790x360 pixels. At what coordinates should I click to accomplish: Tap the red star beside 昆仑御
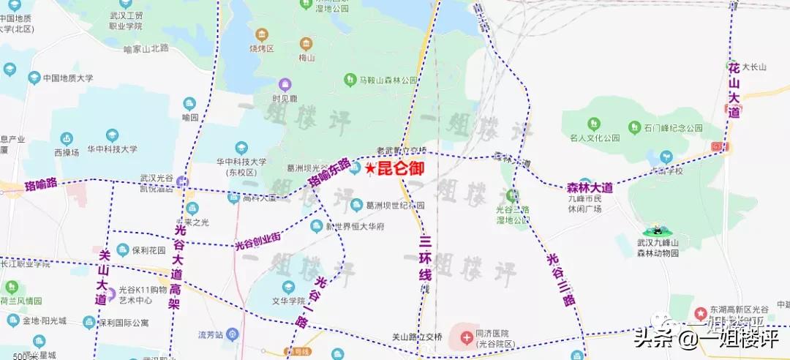coord(370,169)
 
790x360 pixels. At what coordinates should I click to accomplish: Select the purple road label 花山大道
coord(734,90)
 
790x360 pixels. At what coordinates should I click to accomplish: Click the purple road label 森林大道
coord(590,188)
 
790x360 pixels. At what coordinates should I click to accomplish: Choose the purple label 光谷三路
coord(561,279)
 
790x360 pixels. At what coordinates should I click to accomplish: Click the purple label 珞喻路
coord(41,183)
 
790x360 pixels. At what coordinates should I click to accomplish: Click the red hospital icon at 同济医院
coord(466,337)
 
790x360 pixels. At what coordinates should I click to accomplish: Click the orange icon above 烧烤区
coord(261,34)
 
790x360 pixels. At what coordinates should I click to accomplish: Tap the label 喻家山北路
coord(146,48)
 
